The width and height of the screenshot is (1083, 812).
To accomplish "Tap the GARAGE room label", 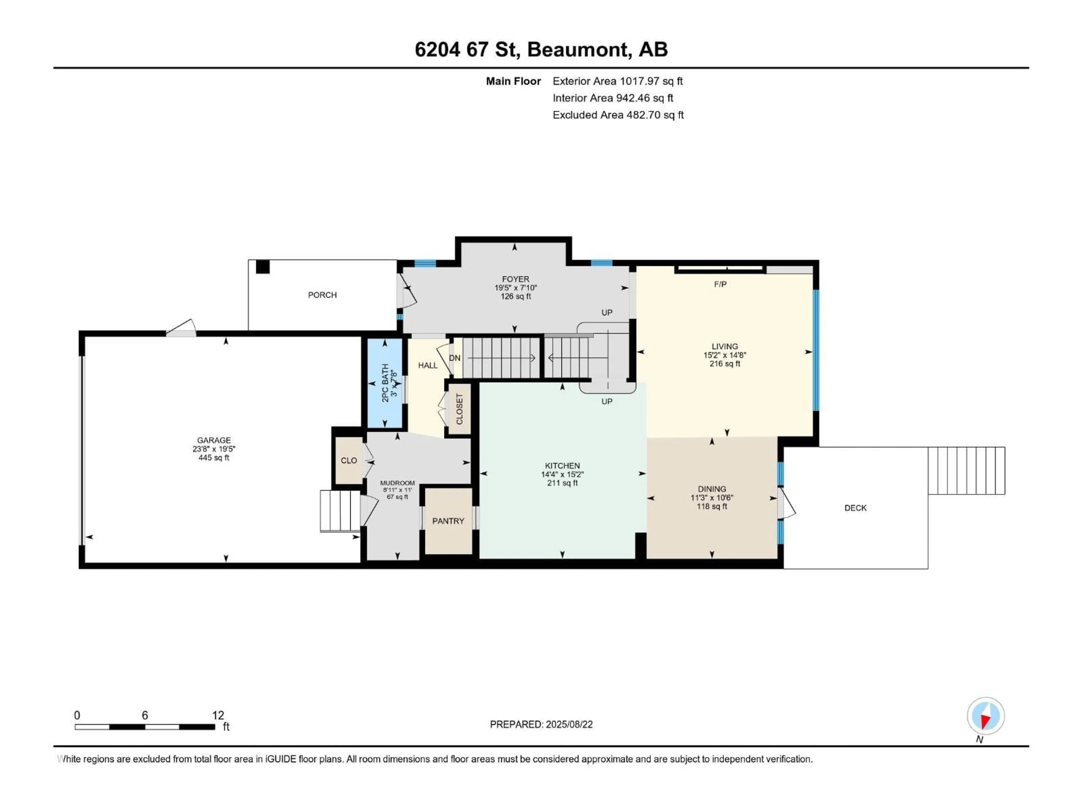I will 214,440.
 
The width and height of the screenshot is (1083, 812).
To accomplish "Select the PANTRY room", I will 448,521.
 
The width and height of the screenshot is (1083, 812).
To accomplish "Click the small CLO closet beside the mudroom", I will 349,461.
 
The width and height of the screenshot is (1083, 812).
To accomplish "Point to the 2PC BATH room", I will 385,383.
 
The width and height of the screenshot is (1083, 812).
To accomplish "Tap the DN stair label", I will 454,358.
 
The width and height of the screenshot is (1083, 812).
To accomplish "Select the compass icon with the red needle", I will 986,716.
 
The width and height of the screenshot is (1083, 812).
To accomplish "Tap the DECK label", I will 855,508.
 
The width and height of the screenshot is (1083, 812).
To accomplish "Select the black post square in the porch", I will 263,267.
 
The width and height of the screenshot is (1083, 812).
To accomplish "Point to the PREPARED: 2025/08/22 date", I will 541,724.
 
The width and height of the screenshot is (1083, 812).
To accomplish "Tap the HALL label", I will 428,365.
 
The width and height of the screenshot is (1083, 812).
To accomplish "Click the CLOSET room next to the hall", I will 459,409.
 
